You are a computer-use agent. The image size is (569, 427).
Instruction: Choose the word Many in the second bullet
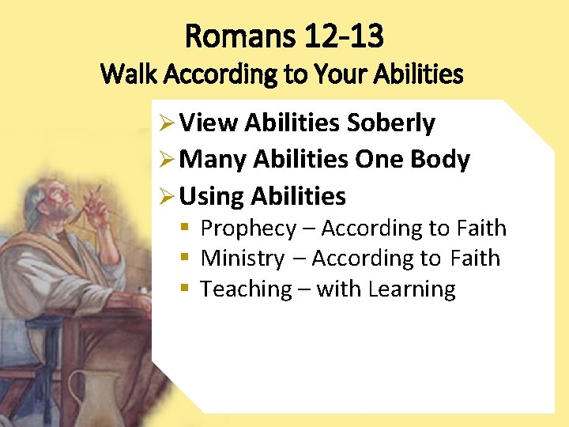point(213,160)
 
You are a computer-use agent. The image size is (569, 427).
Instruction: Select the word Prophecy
point(248,229)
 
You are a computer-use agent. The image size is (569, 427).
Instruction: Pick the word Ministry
point(242,259)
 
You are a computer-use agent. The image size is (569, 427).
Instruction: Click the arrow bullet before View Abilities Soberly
point(165,124)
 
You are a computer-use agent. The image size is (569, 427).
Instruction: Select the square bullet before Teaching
point(185,289)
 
